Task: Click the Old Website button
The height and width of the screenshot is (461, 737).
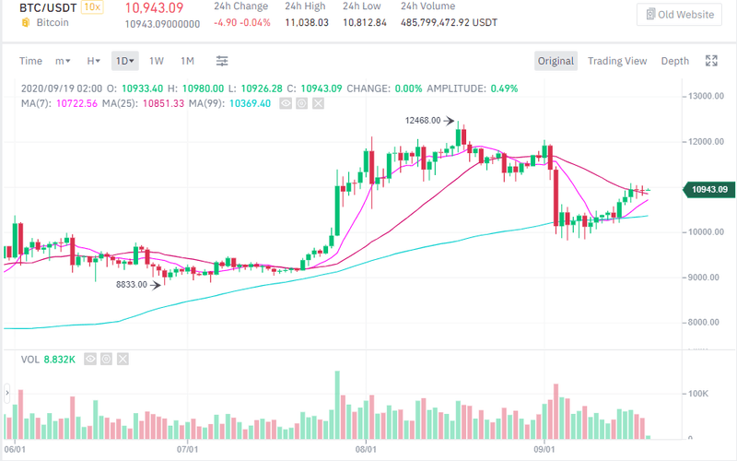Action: point(680,14)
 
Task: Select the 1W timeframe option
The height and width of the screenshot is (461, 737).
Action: point(157,61)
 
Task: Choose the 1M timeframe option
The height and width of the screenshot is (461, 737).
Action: point(187,61)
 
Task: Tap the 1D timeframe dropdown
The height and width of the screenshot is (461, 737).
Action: point(124,61)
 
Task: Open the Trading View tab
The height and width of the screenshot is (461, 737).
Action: point(617,61)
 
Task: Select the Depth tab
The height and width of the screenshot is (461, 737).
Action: point(674,61)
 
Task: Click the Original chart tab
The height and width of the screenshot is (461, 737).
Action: point(556,61)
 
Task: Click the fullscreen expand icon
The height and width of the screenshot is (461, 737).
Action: point(711,61)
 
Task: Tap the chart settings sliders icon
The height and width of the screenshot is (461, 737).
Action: point(222,61)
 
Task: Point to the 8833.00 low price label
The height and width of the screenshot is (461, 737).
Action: point(132,285)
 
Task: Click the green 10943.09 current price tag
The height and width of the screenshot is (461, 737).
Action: point(707,191)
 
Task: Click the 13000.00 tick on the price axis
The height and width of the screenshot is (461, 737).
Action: point(707,96)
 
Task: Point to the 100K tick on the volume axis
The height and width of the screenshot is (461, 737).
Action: point(700,393)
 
